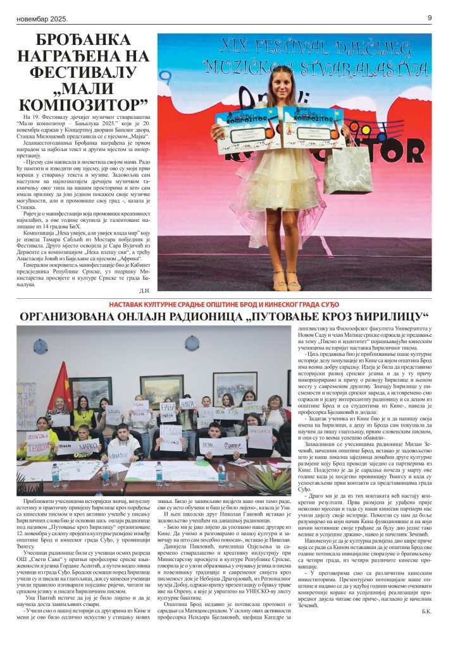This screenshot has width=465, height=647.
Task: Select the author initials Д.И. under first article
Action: (144, 291)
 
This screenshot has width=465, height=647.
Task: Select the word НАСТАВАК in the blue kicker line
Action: (146, 304)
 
